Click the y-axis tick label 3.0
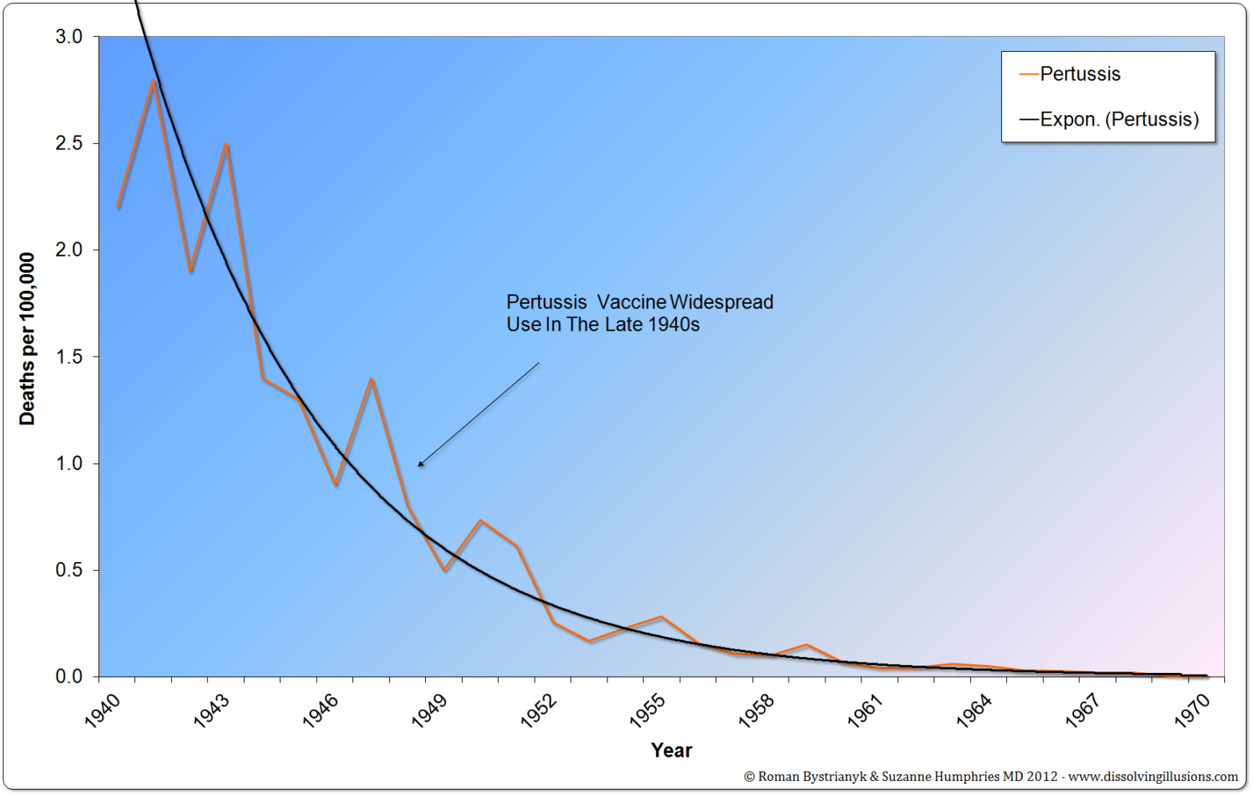pyautogui.click(x=69, y=37)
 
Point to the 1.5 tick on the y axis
pyautogui.click(x=69, y=357)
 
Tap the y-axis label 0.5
pyautogui.click(x=69, y=571)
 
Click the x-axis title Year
pyautogui.click(x=671, y=750)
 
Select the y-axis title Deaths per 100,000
pyautogui.click(x=27, y=339)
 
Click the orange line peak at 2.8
pyautogui.click(x=153, y=81)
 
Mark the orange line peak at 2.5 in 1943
pyautogui.click(x=227, y=145)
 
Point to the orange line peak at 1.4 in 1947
pyautogui.click(x=372, y=379)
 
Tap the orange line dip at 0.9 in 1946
pyautogui.click(x=336, y=485)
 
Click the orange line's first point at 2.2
pyautogui.click(x=118, y=208)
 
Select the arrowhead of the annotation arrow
pyautogui.click(x=420, y=464)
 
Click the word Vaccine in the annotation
pyautogui.click(x=631, y=302)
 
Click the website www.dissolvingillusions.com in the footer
pyautogui.click(x=1153, y=777)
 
